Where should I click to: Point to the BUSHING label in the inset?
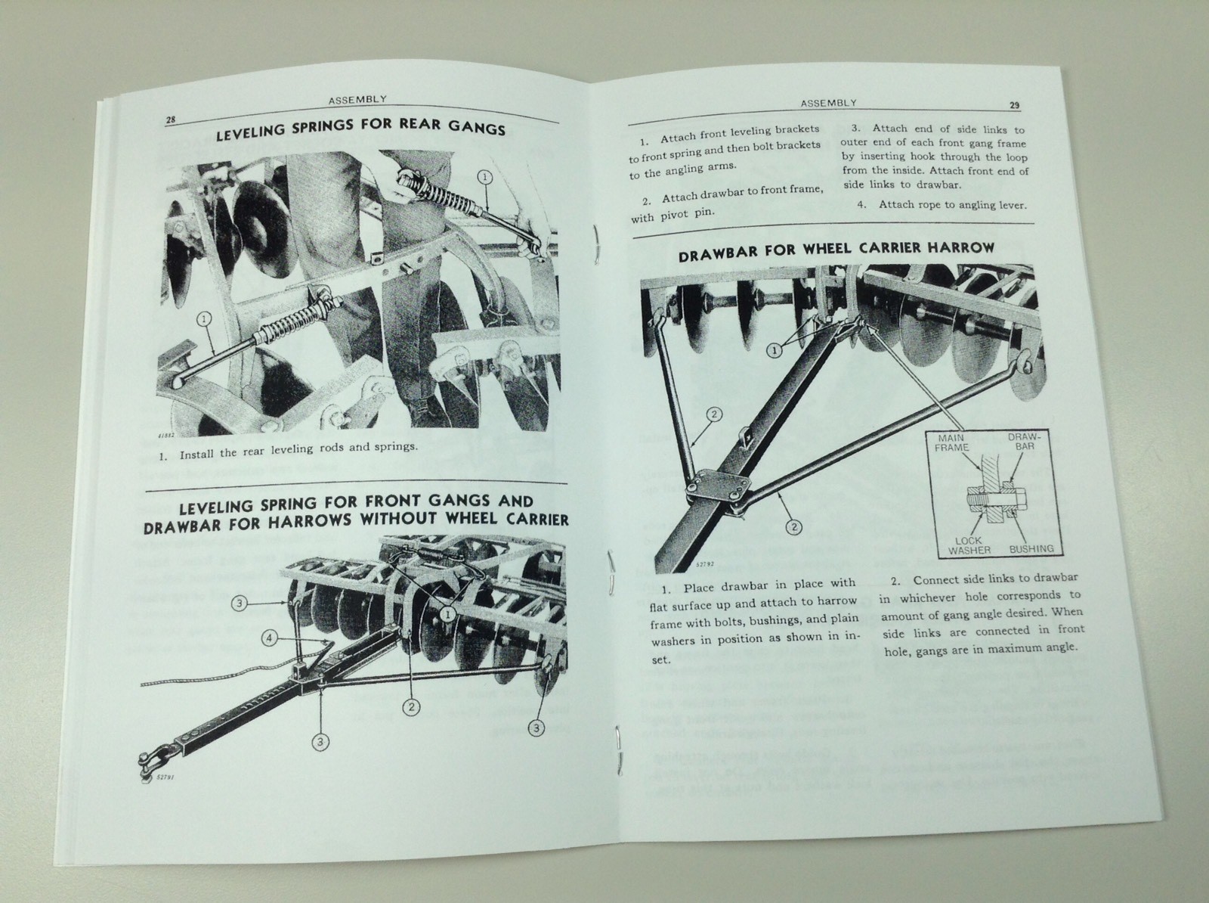(1031, 549)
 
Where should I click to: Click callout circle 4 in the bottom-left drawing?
(271, 638)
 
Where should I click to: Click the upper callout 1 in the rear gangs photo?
(484, 176)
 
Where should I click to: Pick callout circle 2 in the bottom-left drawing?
(411, 707)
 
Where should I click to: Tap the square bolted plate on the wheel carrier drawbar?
(712, 492)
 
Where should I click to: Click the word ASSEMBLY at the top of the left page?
(357, 98)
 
